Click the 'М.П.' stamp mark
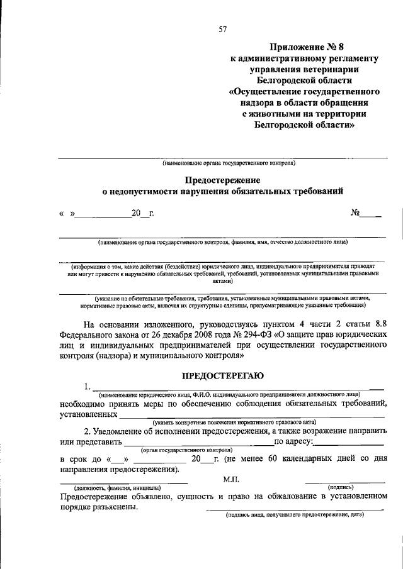coord(232,480)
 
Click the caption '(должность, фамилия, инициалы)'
coord(118,487)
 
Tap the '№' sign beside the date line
coord(355,213)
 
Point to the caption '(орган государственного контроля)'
coord(186,450)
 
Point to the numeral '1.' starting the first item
coord(88,386)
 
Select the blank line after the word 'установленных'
coord(252,415)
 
